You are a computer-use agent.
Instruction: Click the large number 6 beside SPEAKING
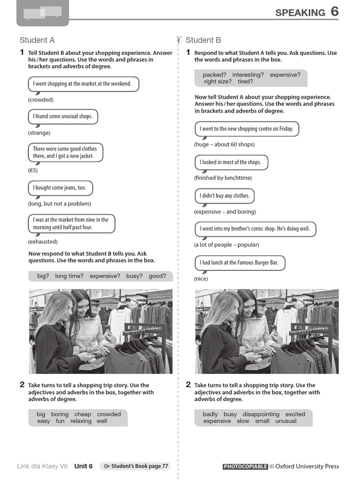point(334,12)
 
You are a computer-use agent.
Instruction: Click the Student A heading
point(37,40)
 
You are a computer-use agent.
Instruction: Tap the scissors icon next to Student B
point(179,40)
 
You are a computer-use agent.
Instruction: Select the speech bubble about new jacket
point(65,153)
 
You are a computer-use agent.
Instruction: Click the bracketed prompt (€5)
point(33,171)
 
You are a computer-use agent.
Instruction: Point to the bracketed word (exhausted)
point(43,242)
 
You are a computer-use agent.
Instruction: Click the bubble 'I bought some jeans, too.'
point(60,188)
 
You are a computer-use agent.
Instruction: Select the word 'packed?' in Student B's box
point(215,75)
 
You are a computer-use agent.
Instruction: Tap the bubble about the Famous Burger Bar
point(240,263)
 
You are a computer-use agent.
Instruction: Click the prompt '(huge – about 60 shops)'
point(224,144)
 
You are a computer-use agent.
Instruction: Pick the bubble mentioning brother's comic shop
point(255,229)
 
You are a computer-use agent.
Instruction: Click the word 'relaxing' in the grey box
point(81,421)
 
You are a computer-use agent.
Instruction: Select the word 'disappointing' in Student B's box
point(261,414)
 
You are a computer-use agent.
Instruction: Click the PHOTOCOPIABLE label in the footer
point(245,466)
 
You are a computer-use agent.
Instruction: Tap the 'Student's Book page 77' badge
point(135,466)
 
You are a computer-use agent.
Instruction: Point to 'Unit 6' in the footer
point(83,466)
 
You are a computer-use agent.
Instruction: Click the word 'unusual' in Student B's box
point(286,421)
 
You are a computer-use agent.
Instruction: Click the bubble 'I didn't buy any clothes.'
point(225,196)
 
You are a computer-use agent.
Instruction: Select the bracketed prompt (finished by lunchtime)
point(223,178)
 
